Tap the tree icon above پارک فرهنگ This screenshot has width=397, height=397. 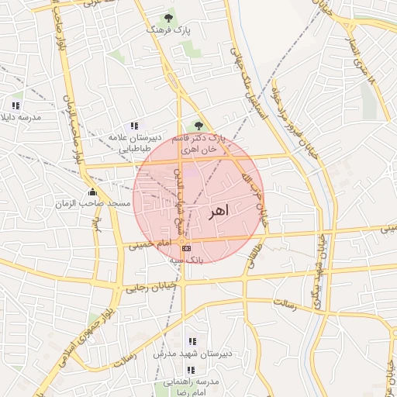[170, 16]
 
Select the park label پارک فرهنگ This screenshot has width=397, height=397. [168, 29]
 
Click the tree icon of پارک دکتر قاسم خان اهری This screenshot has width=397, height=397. [198, 125]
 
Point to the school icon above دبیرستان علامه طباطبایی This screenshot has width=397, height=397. [134, 125]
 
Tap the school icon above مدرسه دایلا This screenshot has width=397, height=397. [16, 105]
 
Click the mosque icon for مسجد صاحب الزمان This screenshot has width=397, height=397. [93, 192]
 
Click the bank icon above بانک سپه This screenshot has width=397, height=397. [186, 247]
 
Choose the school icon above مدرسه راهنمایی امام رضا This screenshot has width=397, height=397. [191, 370]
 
